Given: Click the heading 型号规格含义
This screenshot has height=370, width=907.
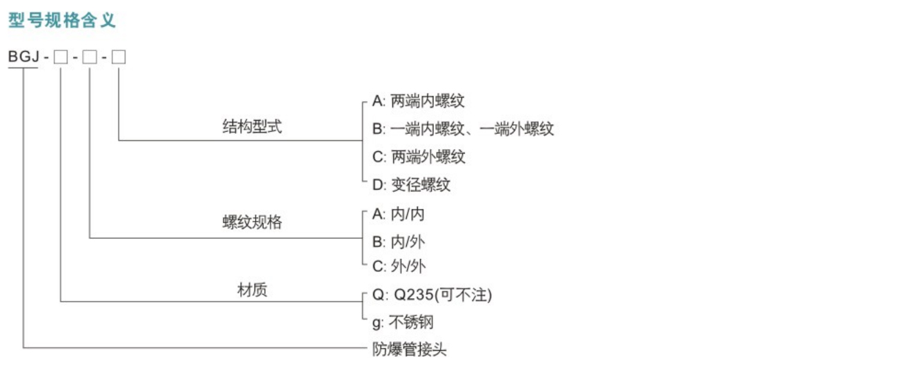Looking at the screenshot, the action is coord(62,20).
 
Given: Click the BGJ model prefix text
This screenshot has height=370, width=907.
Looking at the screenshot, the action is coord(23,57).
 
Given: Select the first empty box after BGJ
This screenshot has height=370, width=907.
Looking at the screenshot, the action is coord(61,57).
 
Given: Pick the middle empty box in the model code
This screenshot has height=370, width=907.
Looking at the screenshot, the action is coord(90,57).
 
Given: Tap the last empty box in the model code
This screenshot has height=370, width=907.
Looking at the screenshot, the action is coord(119,57).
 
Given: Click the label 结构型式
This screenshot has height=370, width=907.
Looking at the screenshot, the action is coord(252,127).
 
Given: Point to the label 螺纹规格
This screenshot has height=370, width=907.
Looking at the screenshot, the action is coord(252,222).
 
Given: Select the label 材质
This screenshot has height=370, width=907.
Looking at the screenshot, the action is coord(252,290).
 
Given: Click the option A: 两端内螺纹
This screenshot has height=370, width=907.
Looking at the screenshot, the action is coord(418,101).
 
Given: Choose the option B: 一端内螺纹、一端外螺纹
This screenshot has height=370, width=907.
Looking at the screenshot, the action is coord(463,129).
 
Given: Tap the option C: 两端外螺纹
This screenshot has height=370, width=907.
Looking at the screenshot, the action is coord(419,157).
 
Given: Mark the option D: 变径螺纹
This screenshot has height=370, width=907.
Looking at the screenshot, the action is coord(411,185).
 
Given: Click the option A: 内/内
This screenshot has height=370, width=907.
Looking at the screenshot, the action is coord(399,214).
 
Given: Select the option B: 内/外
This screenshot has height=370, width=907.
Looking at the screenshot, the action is coord(399,242).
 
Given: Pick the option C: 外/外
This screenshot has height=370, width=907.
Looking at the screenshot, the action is coord(399,266).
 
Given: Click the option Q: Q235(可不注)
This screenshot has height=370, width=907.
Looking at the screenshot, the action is coord(432,295).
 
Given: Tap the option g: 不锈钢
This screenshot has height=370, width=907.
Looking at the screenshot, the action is coord(403,322).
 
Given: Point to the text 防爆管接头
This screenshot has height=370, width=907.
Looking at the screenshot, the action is coord(410,349).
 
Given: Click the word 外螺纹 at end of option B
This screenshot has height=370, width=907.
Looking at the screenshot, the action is coord(531,129).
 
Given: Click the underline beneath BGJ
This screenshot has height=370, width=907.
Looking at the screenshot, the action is coord(23,68).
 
